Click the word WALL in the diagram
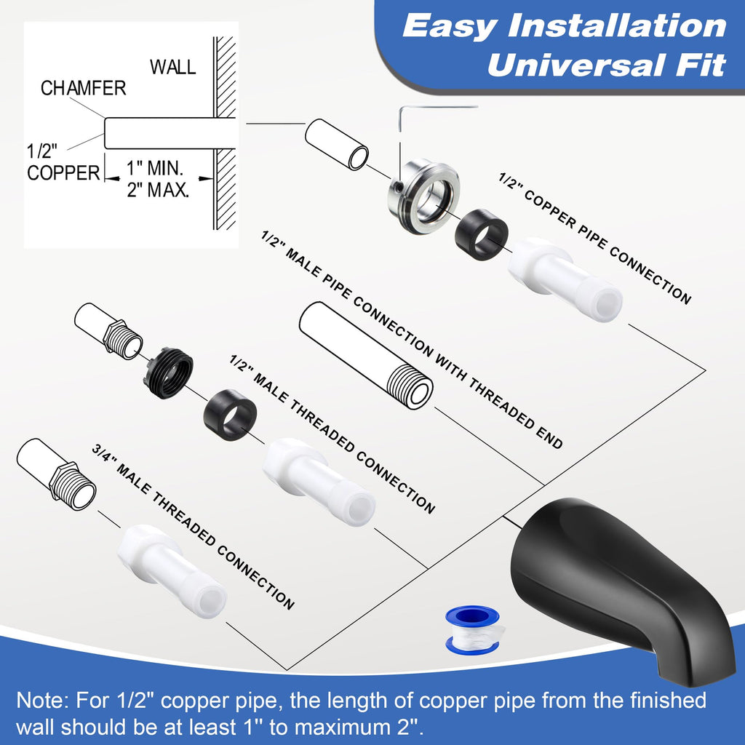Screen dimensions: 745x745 [x=173, y=67]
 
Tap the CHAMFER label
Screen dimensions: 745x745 [x=83, y=88]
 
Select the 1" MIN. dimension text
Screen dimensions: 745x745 [x=155, y=168]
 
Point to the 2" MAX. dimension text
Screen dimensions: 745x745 [x=158, y=190]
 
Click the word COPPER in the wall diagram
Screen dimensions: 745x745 [x=64, y=173]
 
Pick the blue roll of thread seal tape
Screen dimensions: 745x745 [x=473, y=630]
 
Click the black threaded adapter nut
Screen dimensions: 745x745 [x=168, y=373]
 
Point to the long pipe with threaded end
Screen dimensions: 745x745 [x=366, y=355]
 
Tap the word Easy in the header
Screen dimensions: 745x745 [x=449, y=26]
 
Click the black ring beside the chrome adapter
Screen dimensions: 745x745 [x=482, y=235]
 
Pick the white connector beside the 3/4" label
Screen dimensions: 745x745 [x=172, y=571]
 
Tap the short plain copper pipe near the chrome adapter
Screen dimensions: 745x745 [x=336, y=145]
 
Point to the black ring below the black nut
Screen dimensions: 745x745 [x=230, y=415]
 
